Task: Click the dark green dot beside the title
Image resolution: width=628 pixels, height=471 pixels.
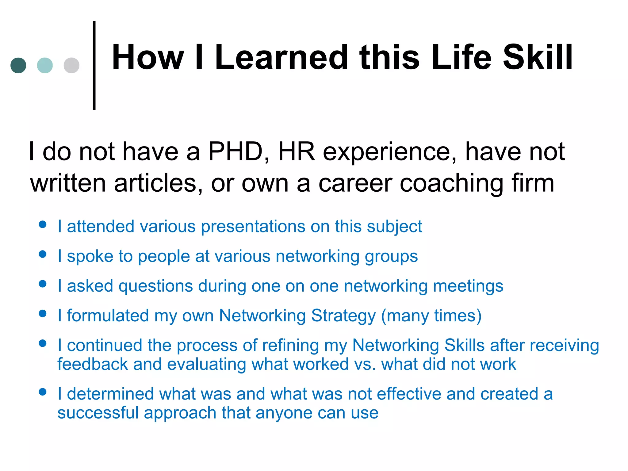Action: tap(18, 65)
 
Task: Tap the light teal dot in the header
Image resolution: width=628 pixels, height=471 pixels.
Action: tap(45, 65)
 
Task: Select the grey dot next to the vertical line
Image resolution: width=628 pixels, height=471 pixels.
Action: tap(71, 65)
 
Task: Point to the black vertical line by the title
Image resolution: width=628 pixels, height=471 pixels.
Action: tap(94, 65)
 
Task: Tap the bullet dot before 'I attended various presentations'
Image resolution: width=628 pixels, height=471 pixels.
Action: tap(43, 224)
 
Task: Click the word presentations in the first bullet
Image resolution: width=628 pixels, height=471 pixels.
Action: tap(253, 227)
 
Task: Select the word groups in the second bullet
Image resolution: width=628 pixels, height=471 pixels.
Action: tap(391, 256)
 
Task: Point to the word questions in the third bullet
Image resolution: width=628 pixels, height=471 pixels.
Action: tap(156, 286)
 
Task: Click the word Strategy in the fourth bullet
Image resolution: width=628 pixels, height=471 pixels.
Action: tap(343, 316)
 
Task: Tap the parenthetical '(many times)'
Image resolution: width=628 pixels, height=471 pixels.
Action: tap(431, 316)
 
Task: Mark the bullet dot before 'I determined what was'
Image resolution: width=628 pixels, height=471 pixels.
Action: tap(43, 392)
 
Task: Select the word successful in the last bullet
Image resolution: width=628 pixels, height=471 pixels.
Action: tap(98, 413)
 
